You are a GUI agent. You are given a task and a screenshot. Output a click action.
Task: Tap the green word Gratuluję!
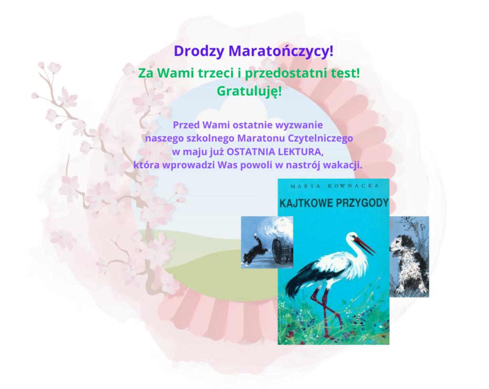pyautogui.click(x=249, y=90)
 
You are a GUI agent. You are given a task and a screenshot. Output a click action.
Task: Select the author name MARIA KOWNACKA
pyautogui.click(x=333, y=185)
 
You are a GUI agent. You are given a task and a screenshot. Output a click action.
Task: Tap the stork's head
pyautogui.click(x=353, y=238)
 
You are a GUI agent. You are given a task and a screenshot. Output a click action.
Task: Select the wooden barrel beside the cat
pyautogui.click(x=281, y=247)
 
